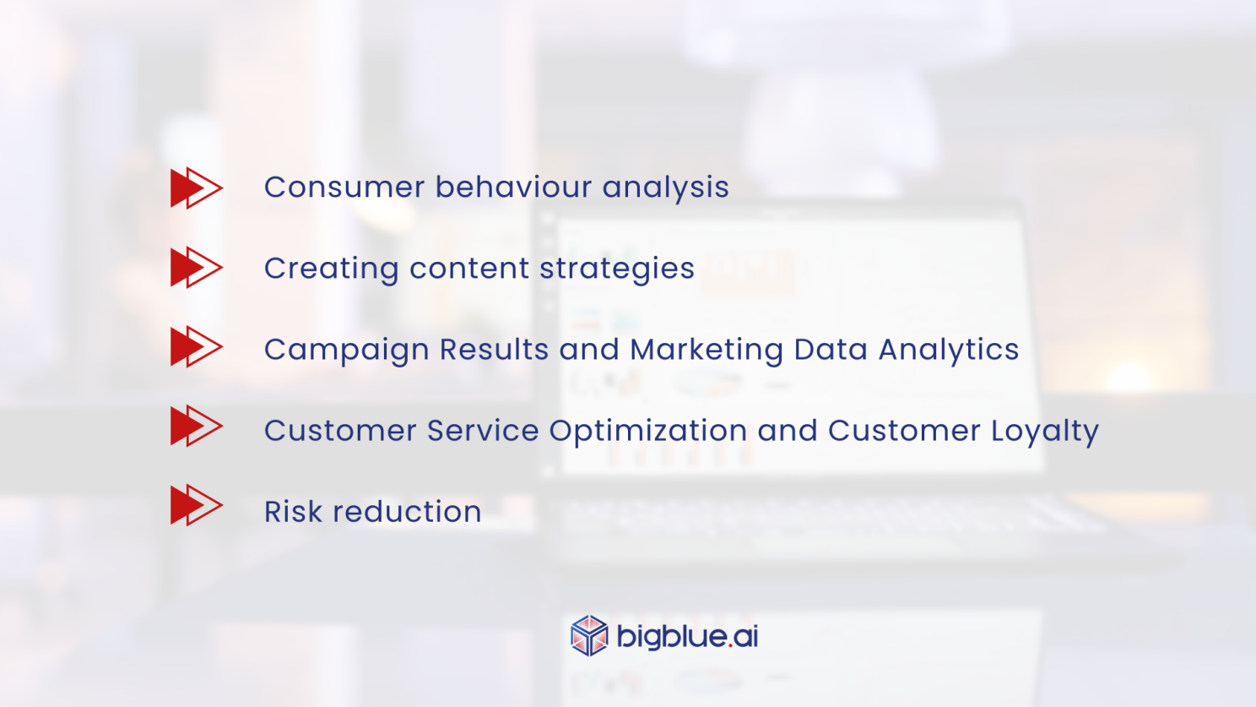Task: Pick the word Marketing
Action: click(706, 350)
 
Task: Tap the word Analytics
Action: click(948, 350)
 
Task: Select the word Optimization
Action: click(647, 431)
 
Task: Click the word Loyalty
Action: click(1045, 431)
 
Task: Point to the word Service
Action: click(483, 431)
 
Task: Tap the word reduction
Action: click(407, 512)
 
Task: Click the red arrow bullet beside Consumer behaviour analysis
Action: click(196, 188)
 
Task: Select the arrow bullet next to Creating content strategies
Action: click(196, 268)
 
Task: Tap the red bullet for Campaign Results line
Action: click(196, 347)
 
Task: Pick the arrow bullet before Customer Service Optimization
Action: click(196, 426)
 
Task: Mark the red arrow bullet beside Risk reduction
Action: click(196, 505)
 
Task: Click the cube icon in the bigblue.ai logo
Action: click(589, 636)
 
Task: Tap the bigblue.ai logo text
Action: click(687, 636)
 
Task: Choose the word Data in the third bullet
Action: click(831, 350)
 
